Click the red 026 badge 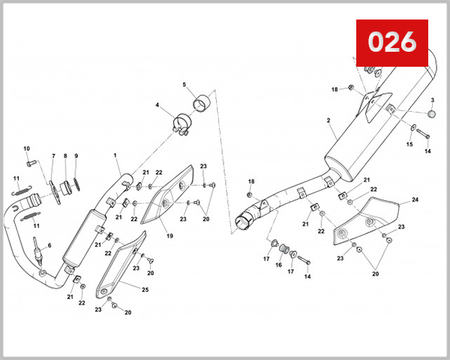391,43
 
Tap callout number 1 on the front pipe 116,156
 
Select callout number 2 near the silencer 328,120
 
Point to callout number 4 157,105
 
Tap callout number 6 49,245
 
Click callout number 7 53,156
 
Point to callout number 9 76,156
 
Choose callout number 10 27,148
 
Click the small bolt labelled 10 30,163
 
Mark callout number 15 409,144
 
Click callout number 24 415,200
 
